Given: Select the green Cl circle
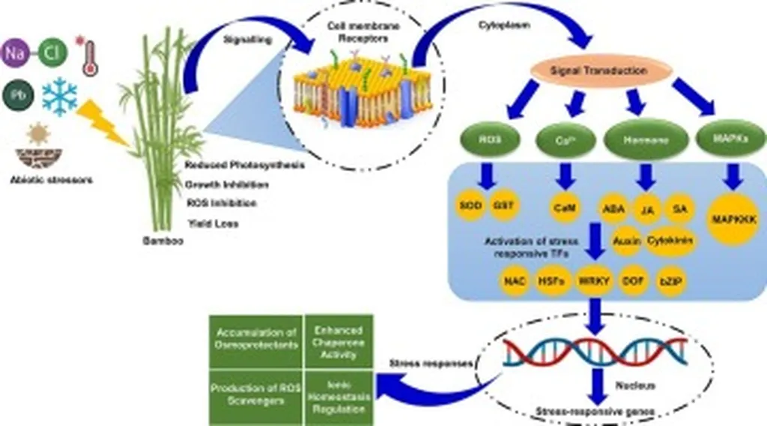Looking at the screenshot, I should pyautogui.click(x=52, y=52).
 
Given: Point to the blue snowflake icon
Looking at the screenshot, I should pyautogui.click(x=58, y=96).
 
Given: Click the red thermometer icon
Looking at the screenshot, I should pyautogui.click(x=90, y=56).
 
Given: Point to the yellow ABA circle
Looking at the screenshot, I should pyautogui.click(x=612, y=206).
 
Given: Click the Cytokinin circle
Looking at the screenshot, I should pyautogui.click(x=672, y=241).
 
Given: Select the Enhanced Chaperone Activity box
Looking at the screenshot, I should pyautogui.click(x=339, y=341).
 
